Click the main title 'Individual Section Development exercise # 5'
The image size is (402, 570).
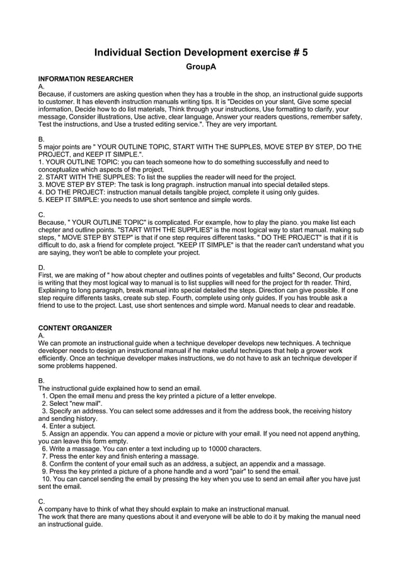pos(201,52)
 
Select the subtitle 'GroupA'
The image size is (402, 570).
pos(201,66)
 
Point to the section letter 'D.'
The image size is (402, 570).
pos(42,268)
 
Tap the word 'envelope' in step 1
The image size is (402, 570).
pos(260,396)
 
